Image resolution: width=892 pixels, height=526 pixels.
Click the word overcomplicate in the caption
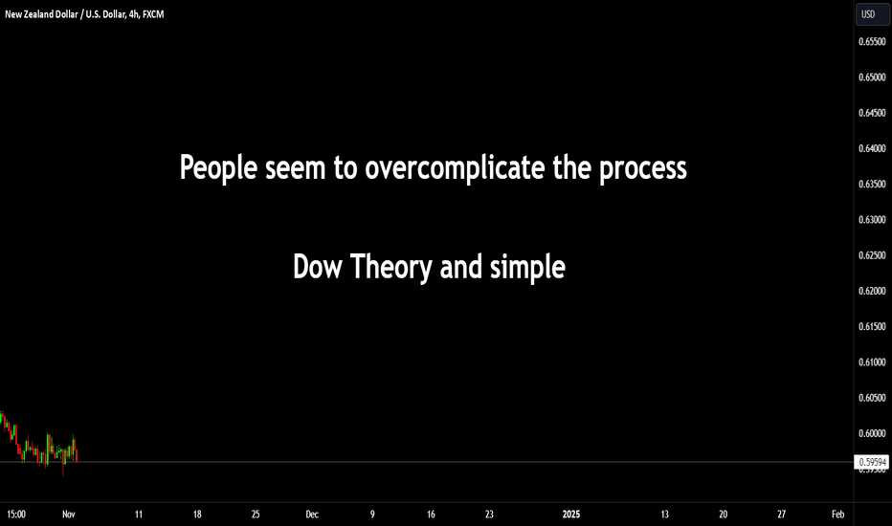click(x=455, y=167)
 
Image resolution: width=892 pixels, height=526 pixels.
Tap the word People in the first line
click(x=218, y=167)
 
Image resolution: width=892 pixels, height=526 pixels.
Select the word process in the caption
click(x=643, y=169)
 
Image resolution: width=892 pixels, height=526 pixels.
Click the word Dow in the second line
click(x=318, y=267)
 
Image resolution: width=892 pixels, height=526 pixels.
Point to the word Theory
click(x=390, y=268)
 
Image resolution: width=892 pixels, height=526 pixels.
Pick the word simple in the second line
click(x=527, y=268)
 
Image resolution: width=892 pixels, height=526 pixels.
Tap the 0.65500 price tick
click(x=872, y=41)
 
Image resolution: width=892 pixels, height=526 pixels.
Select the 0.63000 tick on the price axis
click(x=872, y=220)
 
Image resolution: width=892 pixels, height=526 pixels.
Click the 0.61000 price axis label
click(x=872, y=362)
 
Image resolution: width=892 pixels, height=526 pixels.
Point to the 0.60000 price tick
click(x=872, y=433)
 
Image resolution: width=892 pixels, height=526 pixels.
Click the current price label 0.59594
click(x=872, y=462)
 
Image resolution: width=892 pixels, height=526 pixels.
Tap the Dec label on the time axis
click(x=312, y=515)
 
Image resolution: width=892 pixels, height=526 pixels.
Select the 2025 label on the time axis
click(x=571, y=515)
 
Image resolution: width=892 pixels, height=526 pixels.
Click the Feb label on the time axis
click(x=838, y=515)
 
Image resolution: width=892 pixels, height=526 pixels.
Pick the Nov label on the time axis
click(x=68, y=515)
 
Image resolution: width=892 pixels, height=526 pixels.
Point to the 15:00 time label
click(x=16, y=515)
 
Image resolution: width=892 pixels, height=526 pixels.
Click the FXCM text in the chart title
click(x=153, y=14)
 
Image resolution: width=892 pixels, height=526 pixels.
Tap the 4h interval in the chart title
click(x=134, y=14)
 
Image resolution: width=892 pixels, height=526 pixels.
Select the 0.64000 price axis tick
click(x=872, y=148)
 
